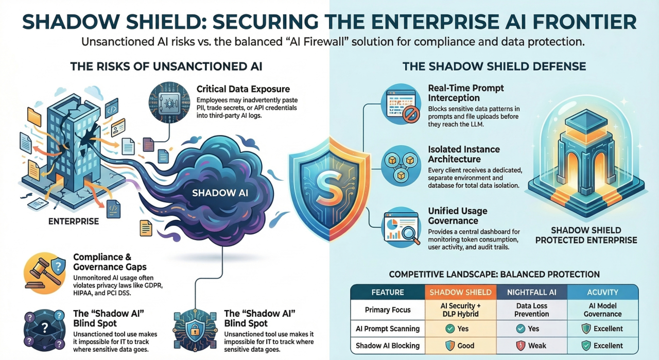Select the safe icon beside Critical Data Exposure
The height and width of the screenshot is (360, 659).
[167, 101]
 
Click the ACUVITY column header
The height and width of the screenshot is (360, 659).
[603, 292]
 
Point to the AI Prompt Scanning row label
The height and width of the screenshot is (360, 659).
[388, 328]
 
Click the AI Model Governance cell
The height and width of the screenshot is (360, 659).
[603, 310]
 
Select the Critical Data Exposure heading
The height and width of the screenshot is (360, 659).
[244, 89]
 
